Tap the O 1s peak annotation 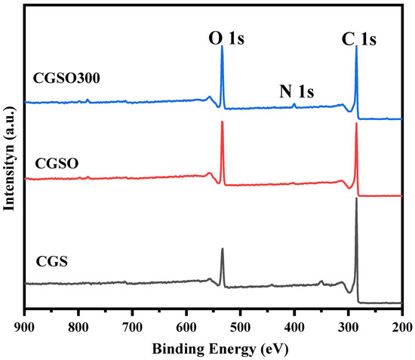coord(222,35)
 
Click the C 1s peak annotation coord(357,35)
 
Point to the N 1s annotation coord(297,92)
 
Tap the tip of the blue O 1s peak coord(222,47)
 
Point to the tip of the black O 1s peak coord(222,249)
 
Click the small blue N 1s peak coord(294,104)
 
